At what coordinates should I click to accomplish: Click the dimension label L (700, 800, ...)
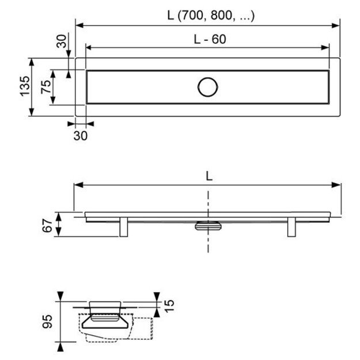[x=211, y=16]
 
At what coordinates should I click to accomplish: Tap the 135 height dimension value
[x=24, y=87]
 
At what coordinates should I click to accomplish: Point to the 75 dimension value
[x=46, y=87]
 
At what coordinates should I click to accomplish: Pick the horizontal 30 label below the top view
[x=81, y=136]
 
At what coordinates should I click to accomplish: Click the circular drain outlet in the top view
[x=208, y=87]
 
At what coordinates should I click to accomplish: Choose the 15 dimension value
[x=169, y=304]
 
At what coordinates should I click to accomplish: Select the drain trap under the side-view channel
[x=207, y=226]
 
